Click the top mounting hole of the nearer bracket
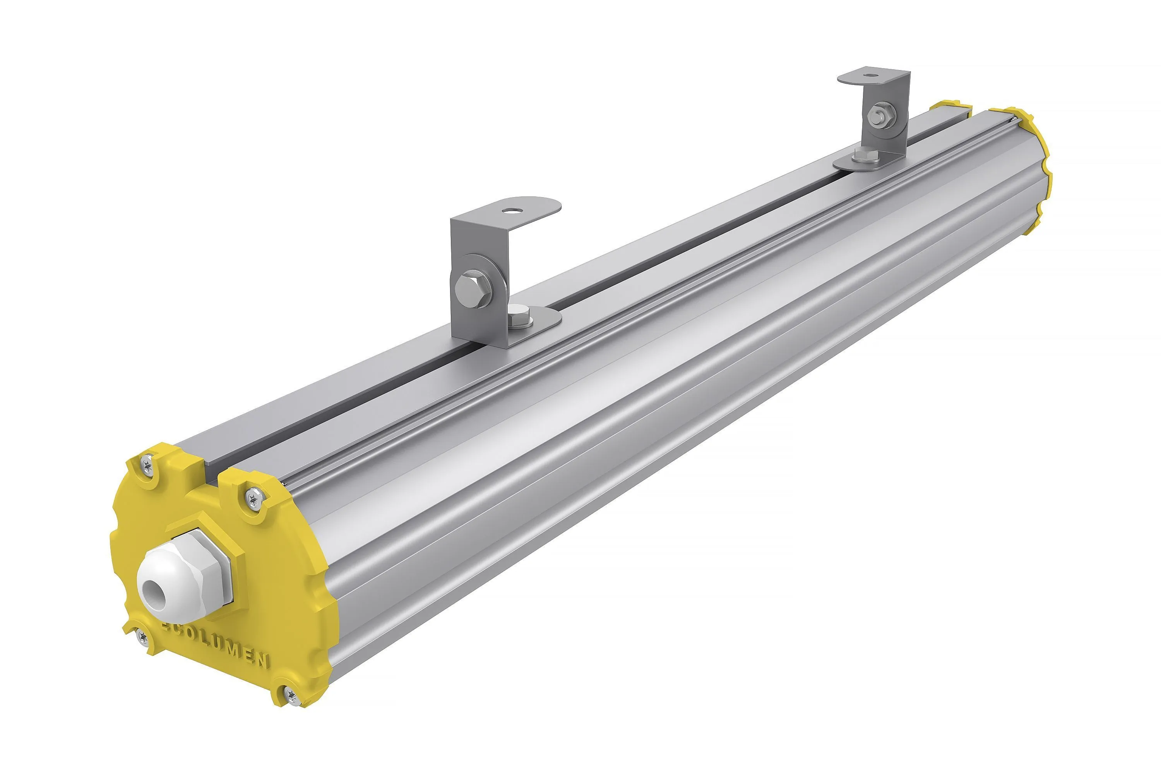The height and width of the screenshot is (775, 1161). coord(509,210)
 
